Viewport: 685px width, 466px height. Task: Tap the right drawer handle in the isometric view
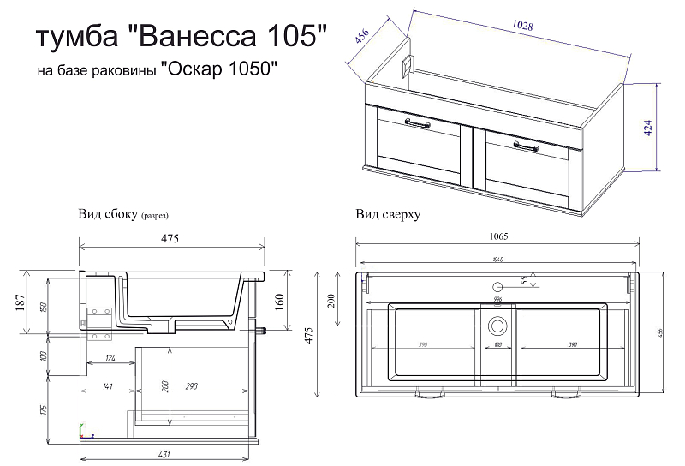[x=528, y=147]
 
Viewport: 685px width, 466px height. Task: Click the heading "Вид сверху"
[x=387, y=215]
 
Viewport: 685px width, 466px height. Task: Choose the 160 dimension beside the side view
[x=280, y=302]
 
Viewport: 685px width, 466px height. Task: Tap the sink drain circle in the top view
[x=497, y=326]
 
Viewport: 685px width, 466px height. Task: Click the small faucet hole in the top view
[x=497, y=287]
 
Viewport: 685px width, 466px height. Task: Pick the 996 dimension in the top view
[x=497, y=300]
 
